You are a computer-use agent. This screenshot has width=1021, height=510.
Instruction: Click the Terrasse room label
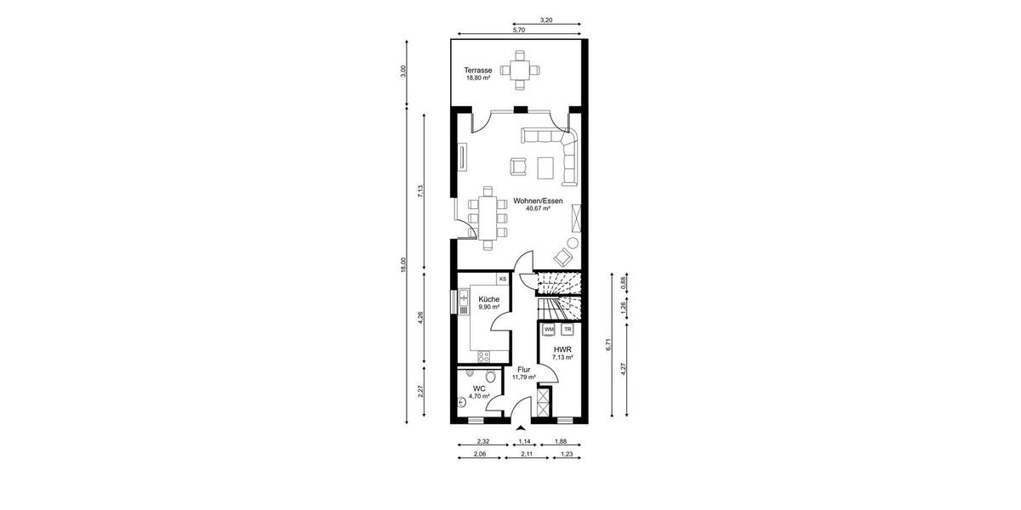(477, 70)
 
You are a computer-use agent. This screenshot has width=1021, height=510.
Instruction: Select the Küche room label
(488, 299)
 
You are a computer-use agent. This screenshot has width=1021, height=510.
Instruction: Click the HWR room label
(562, 349)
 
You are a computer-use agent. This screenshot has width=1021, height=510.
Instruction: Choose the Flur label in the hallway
(524, 370)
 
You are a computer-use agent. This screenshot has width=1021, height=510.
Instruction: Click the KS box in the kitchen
(503, 278)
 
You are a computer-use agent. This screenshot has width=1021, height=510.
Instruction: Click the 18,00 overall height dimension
(404, 265)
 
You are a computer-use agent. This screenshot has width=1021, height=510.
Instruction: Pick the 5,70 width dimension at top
(518, 30)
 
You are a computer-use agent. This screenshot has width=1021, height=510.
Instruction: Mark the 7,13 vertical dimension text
(420, 190)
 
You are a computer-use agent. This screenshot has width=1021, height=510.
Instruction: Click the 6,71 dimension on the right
(607, 344)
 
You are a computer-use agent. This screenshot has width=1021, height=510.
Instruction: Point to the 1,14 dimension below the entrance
(525, 441)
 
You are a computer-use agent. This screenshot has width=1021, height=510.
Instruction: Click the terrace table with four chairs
(519, 70)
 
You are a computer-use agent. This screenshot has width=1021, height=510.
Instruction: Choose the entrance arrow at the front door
(520, 427)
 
